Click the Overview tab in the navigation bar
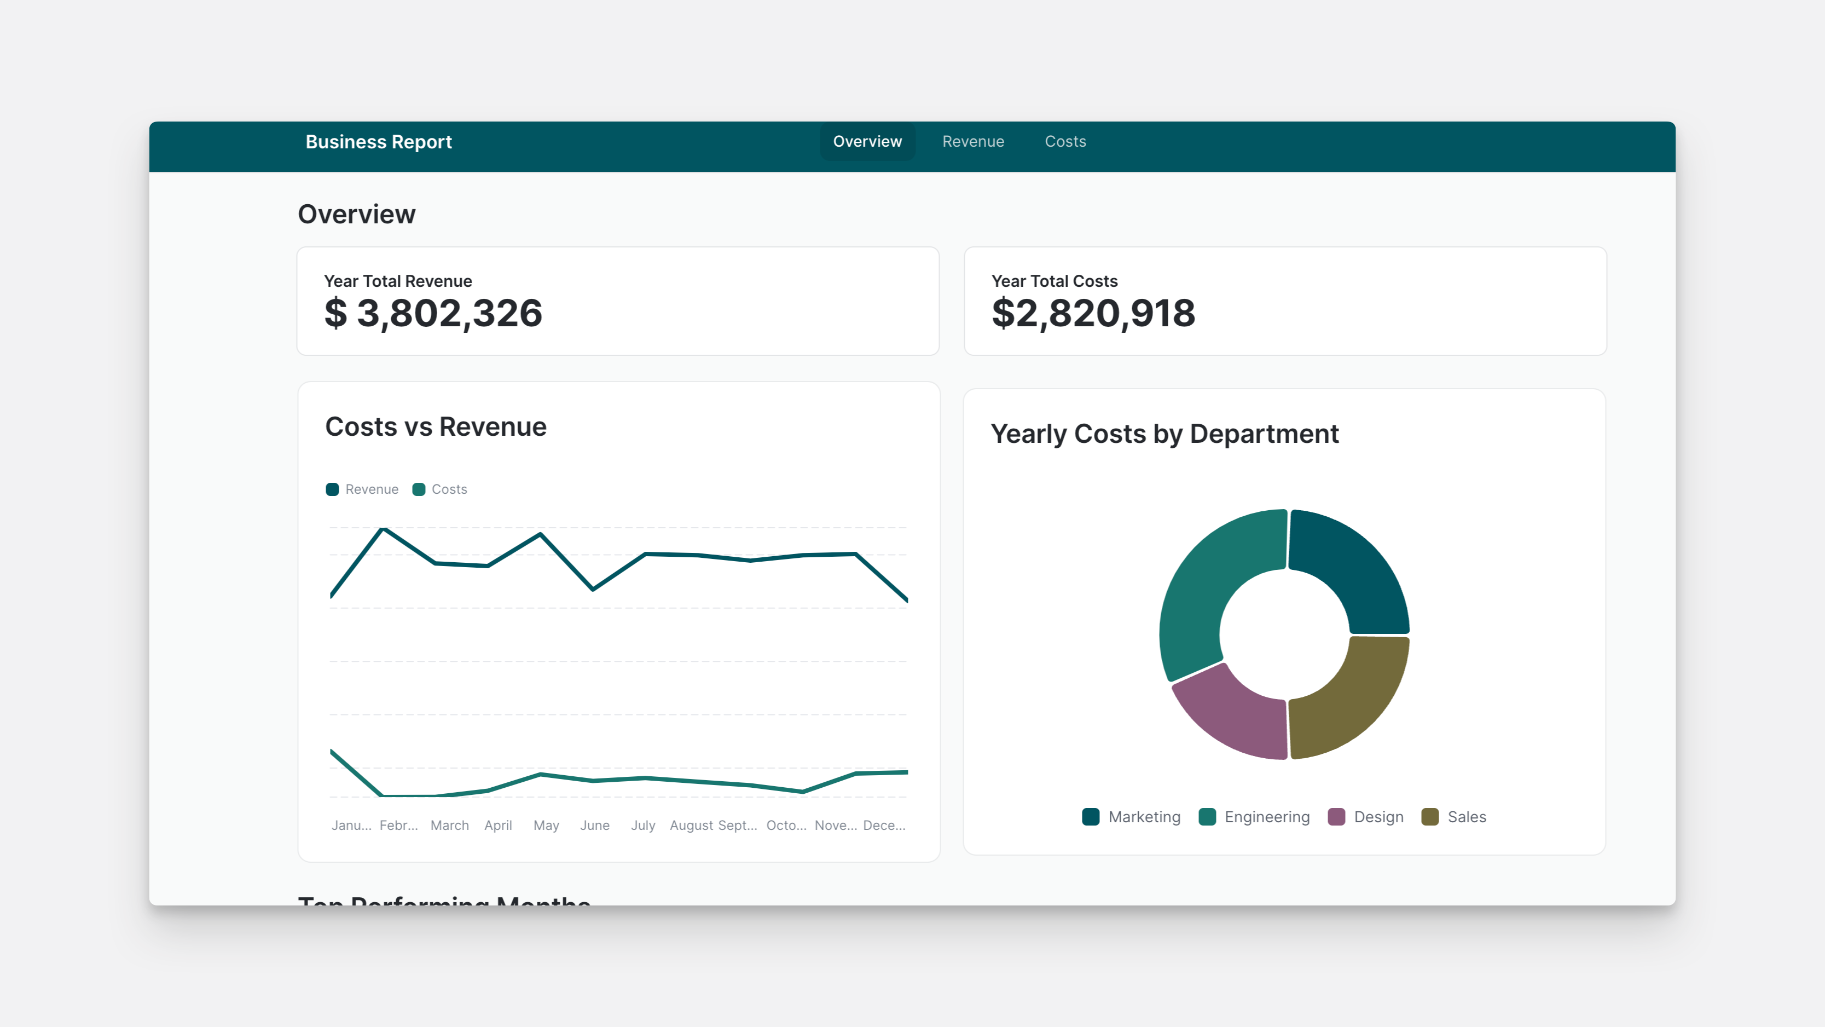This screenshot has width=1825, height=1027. tap(867, 142)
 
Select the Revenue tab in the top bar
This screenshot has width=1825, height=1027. tap(973, 142)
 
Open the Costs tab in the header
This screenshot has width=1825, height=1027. tap(1065, 142)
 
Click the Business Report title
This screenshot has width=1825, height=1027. tap(378, 142)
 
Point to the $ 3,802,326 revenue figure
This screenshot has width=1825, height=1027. tap(433, 313)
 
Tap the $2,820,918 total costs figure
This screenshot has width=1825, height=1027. tap(1093, 313)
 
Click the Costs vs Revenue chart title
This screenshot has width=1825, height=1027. tap(436, 426)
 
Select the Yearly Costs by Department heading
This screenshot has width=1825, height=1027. tap(1164, 434)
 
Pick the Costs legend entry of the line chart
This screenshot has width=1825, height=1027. tap(440, 489)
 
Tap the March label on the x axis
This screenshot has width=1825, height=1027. tap(449, 825)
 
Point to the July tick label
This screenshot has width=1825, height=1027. tap(642, 825)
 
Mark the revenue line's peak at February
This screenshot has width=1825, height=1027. tap(383, 529)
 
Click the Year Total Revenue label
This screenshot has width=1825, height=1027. tap(397, 281)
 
